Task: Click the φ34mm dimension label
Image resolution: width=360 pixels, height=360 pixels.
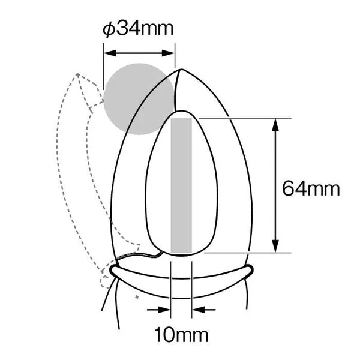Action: point(138,29)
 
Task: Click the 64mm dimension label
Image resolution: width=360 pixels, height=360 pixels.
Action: point(311,189)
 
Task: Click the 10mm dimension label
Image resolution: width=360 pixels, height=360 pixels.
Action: point(181,335)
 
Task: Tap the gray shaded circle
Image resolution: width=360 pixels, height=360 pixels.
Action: point(139,99)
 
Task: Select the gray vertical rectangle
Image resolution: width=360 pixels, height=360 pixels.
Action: point(181,185)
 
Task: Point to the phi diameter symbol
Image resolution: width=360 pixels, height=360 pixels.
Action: point(109,29)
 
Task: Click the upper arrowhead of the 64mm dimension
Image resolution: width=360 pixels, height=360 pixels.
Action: point(275,125)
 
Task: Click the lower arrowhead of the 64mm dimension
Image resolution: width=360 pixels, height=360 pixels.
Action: point(275,246)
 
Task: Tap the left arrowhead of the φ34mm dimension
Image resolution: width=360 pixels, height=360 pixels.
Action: point(110,53)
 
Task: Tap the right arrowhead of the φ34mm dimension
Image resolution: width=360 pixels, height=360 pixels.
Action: point(168,53)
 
